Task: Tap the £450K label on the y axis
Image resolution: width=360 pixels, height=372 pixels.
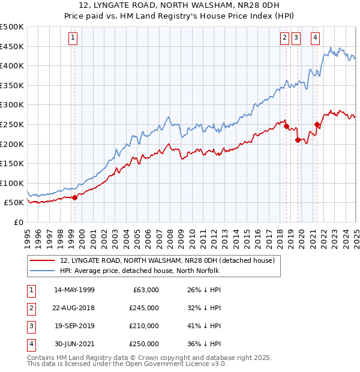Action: (x=12, y=46)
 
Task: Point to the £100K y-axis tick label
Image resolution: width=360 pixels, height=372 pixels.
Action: (x=12, y=183)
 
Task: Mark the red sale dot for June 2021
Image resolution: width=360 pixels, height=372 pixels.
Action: (x=317, y=124)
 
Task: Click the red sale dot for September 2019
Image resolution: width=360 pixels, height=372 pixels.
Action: (x=298, y=140)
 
